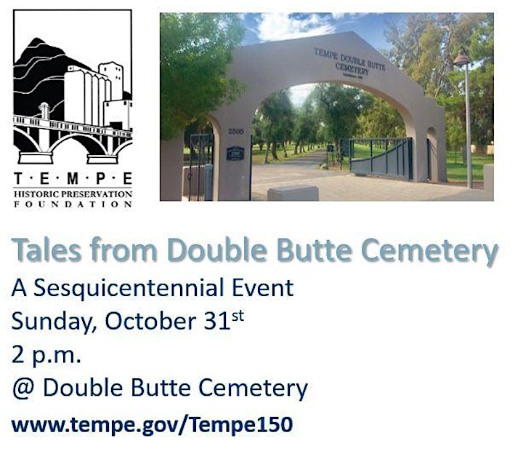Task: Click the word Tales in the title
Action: (x=46, y=250)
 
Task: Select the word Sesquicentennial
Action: (x=128, y=287)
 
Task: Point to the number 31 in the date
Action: (x=216, y=321)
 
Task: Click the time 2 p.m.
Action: (x=46, y=355)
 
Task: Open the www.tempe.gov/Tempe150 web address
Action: (x=152, y=425)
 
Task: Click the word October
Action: (x=150, y=321)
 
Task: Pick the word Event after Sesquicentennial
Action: (x=262, y=287)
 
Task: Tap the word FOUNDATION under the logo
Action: (x=73, y=204)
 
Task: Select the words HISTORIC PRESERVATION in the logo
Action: (x=73, y=194)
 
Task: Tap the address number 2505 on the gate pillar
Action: (x=236, y=131)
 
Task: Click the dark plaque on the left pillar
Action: (x=235, y=154)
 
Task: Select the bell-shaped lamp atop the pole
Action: (x=462, y=57)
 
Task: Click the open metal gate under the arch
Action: (x=381, y=159)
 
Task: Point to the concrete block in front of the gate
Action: (x=293, y=193)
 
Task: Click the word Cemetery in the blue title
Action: (x=429, y=250)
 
